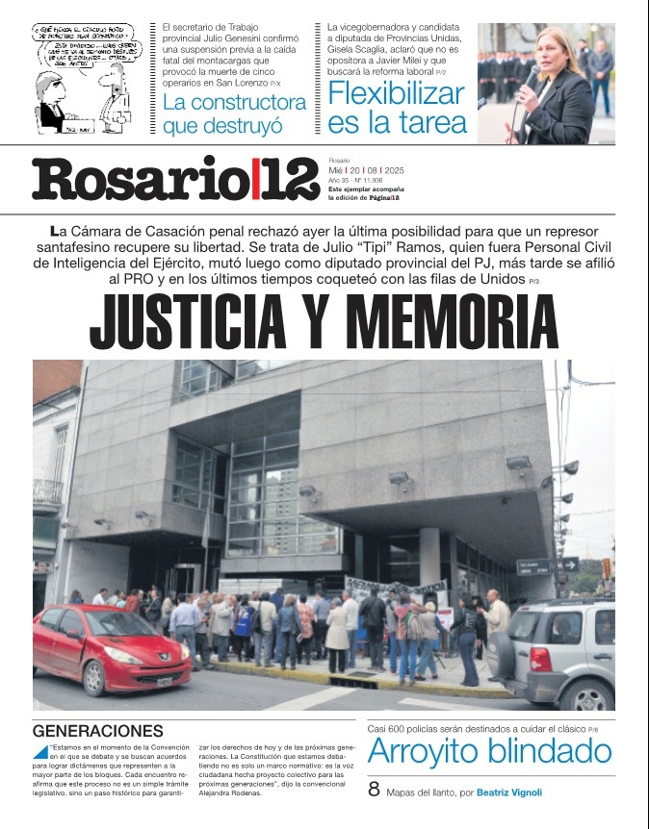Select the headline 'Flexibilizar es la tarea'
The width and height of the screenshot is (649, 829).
pyautogui.click(x=396, y=108)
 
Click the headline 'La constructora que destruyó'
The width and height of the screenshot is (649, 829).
pyautogui.click(x=234, y=113)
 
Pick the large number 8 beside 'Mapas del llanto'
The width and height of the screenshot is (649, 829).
pyautogui.click(x=375, y=791)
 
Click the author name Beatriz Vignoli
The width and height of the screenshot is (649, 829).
pyautogui.click(x=509, y=793)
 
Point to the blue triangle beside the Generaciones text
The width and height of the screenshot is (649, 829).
pyautogui.click(x=40, y=751)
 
